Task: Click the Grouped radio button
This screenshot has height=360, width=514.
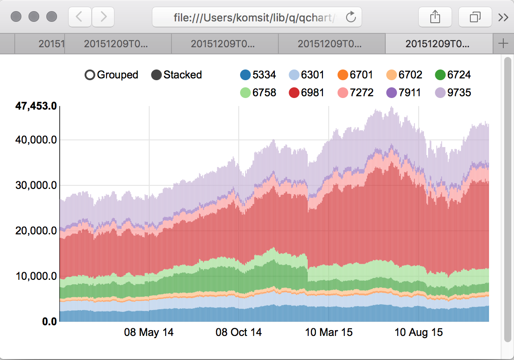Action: (x=90, y=75)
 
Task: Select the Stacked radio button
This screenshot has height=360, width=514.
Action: (x=156, y=75)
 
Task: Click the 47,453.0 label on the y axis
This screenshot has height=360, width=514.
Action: (x=36, y=106)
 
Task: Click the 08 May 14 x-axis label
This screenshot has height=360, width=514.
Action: (x=149, y=332)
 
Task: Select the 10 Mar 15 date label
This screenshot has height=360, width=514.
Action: (x=328, y=332)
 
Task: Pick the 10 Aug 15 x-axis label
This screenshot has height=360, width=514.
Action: (x=419, y=332)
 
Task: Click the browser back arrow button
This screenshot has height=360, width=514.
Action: (x=79, y=17)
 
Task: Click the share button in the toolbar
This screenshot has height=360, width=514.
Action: (x=435, y=17)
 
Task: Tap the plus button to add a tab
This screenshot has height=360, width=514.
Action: (x=503, y=44)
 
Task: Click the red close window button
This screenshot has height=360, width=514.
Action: (x=16, y=17)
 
